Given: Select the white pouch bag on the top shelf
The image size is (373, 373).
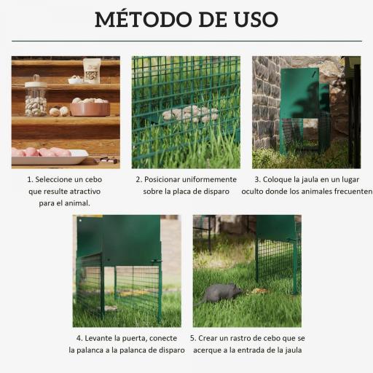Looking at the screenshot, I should coord(92,71).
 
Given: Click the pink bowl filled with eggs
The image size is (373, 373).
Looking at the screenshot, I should coord(90,107).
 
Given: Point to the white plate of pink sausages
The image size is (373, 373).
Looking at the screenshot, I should coord(48,154).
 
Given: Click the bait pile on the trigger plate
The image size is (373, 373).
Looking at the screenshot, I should coord(189,114).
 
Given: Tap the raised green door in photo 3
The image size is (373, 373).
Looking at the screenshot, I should coord(299,93).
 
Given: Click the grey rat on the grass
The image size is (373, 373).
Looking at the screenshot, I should coord(221,293).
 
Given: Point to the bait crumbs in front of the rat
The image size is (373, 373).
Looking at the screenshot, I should coord(259,291).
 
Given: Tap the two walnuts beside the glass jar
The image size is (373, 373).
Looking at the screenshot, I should coord(59,111).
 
